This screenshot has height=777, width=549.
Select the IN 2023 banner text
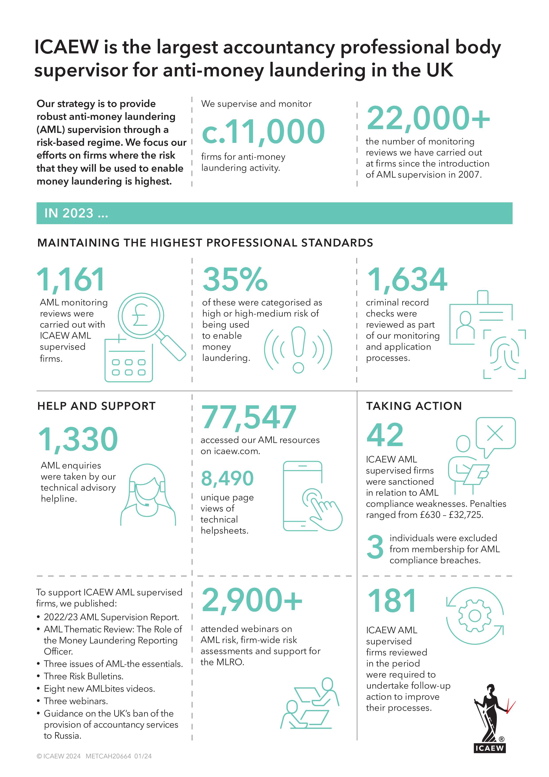coord(76,213)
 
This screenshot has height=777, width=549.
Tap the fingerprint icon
coord(504,354)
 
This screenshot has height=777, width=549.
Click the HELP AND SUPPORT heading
coord(96,406)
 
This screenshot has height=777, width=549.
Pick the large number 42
coord(385,435)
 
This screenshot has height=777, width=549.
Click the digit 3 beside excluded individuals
coord(375,547)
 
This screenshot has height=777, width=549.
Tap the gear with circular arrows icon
coord(475,616)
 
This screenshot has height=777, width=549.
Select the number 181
coord(392,601)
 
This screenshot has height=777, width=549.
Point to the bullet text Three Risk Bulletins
coord(83,676)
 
